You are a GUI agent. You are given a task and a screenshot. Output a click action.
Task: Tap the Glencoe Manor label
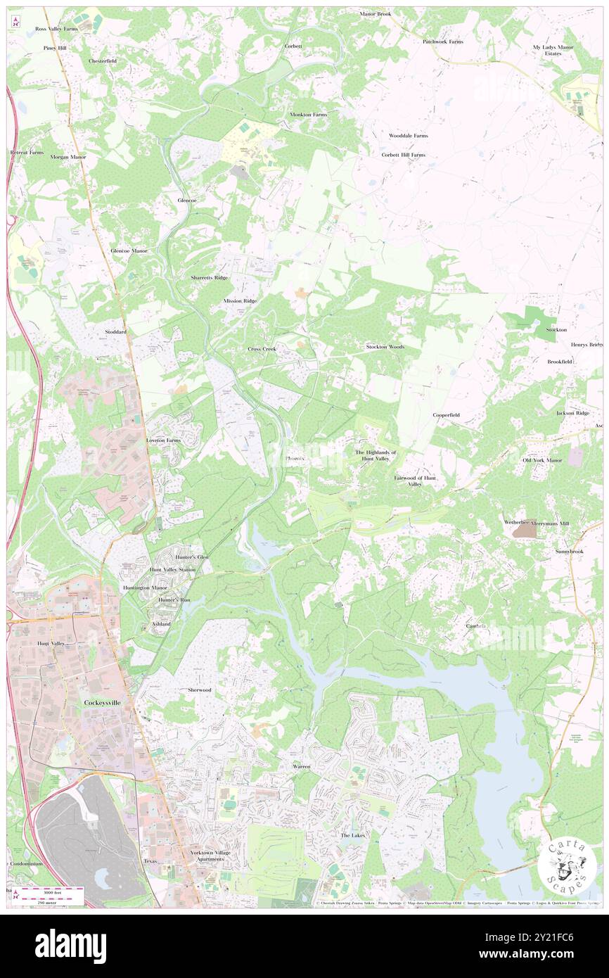click(x=129, y=250)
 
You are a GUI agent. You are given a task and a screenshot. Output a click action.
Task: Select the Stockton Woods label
click(x=385, y=347)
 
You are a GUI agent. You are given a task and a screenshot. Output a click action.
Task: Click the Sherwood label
click(x=200, y=690)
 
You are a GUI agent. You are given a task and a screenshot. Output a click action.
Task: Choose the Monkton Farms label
click(x=309, y=114)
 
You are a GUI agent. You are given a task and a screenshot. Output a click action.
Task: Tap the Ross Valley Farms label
click(x=56, y=29)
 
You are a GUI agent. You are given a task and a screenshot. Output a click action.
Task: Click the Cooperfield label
click(x=446, y=415)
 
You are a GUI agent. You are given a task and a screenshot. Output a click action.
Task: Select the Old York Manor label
click(x=542, y=460)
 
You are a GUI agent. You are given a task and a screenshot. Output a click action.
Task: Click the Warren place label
click(x=301, y=765)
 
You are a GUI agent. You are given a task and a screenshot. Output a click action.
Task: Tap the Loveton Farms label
click(x=163, y=440)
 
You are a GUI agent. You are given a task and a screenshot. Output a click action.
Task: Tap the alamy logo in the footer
click(x=70, y=946)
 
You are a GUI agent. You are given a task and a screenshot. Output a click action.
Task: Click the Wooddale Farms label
click(x=409, y=135)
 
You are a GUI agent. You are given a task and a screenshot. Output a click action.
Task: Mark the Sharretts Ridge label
click(x=210, y=278)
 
